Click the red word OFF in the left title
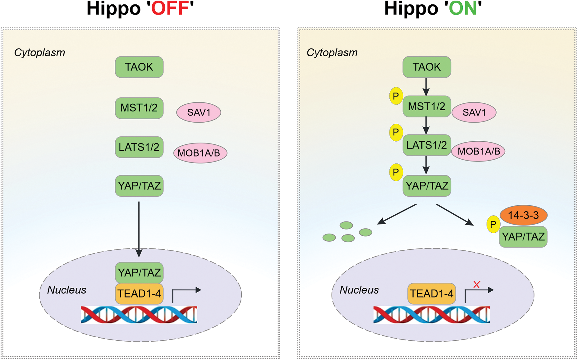[x=170, y=8]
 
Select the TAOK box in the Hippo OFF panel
[x=139, y=67]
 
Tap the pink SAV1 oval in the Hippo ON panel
[x=474, y=112]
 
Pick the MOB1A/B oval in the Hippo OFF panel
[x=200, y=153]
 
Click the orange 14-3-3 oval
[x=523, y=215]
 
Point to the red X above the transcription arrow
[x=477, y=284]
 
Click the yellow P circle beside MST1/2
[x=396, y=96]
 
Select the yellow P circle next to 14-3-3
[x=493, y=224]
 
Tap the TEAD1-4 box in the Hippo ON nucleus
[x=432, y=294]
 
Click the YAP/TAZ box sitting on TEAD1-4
[x=139, y=272]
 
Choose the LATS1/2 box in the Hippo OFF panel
[x=139, y=147]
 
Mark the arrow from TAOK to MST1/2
[x=426, y=87]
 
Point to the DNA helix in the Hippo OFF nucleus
[x=139, y=315]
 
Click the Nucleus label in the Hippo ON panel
[x=359, y=290]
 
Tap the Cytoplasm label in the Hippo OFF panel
[x=39, y=52]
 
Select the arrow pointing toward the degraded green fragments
[x=397, y=214]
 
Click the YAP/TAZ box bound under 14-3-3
[x=523, y=237]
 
